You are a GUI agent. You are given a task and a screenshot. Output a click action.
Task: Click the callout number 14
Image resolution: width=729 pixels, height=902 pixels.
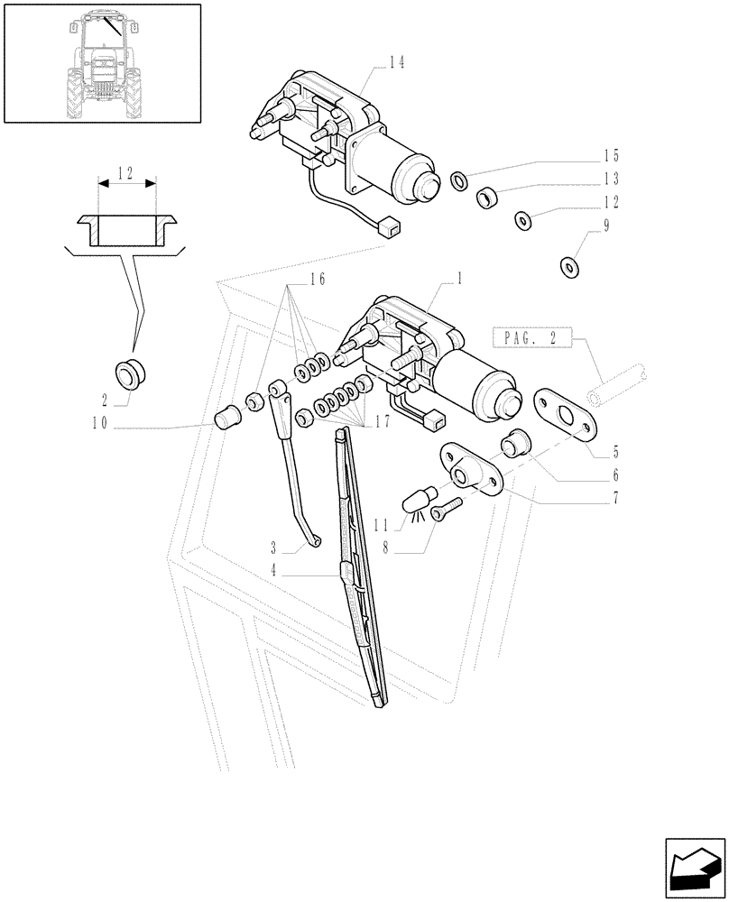click(396, 62)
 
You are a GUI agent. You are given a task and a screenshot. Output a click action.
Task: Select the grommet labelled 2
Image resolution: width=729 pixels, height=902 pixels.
click(132, 371)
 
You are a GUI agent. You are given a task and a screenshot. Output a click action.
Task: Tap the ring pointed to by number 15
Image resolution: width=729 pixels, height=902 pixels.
click(458, 181)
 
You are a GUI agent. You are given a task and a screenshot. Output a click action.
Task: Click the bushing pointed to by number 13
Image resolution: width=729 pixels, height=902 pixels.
click(488, 196)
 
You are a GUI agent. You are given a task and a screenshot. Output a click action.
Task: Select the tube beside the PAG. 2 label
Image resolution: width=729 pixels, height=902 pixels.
click(614, 386)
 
